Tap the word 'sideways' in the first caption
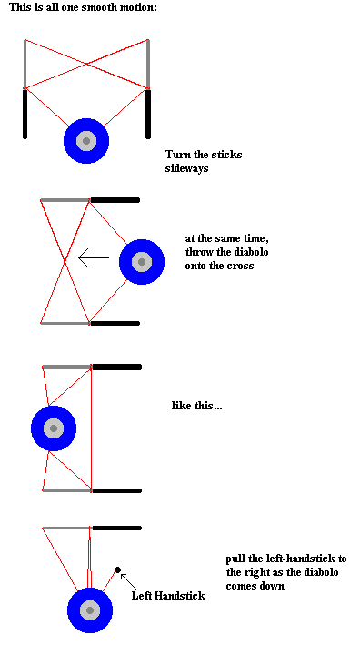186,168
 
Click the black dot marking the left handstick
117,569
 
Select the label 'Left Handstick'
168,595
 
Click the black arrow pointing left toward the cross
94,258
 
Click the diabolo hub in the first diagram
86,141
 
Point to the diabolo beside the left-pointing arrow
142,262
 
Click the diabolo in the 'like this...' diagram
54,428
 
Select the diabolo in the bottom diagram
90,610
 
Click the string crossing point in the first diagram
86,64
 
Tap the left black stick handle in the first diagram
25,114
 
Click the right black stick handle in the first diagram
148,114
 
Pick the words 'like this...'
197,406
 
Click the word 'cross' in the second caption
241,266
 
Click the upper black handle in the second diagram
115,200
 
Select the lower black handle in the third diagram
116,490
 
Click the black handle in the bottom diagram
116,528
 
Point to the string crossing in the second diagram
65,262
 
